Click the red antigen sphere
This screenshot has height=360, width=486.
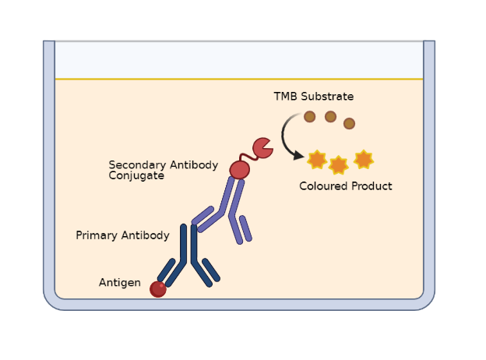coord(158,289)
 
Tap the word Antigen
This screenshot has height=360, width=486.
coord(119,283)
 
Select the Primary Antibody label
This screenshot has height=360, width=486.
coord(122,235)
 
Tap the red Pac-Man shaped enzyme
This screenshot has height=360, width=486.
coord(262,147)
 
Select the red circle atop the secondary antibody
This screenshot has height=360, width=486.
coord(240,169)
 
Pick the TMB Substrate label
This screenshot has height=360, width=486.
coord(313,97)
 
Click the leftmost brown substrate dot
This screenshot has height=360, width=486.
coord(309,116)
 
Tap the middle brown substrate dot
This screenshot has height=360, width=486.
coord(330,117)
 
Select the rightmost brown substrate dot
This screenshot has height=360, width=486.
coord(349,123)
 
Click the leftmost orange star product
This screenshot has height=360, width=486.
coord(316,160)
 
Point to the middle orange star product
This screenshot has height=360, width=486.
coord(338,165)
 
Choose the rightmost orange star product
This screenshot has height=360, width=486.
coord(363,159)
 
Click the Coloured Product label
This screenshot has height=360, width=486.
coord(345,186)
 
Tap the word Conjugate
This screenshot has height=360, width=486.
coord(136,176)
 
